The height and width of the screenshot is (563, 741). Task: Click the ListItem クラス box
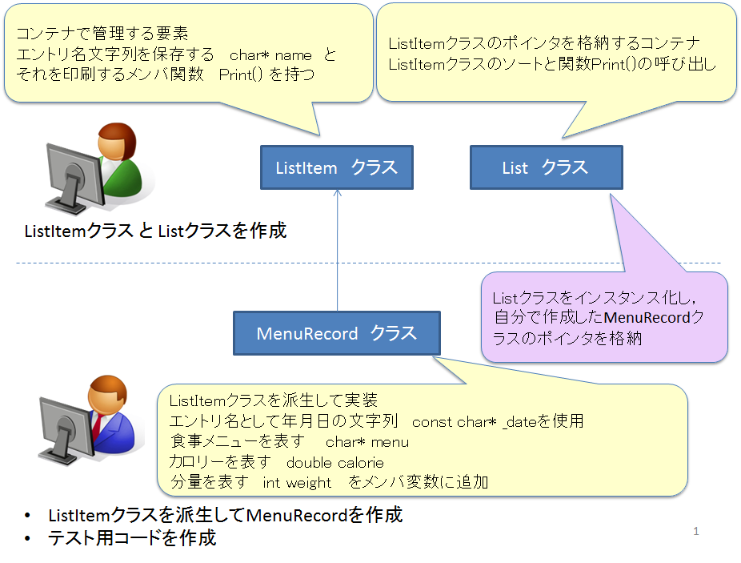(x=336, y=167)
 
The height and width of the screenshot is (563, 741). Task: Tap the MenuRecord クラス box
(x=336, y=333)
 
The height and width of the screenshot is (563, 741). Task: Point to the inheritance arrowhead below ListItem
(x=338, y=195)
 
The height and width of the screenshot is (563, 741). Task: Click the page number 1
(x=696, y=531)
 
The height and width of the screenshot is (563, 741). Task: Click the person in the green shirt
(x=117, y=160)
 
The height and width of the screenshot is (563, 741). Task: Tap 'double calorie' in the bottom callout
(x=334, y=462)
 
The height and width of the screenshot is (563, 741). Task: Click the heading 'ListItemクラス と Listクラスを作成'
(x=155, y=231)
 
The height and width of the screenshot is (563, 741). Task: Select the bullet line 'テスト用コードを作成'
(x=132, y=537)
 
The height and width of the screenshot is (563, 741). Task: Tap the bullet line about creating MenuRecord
(x=225, y=515)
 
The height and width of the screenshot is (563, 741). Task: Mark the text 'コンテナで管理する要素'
(x=102, y=34)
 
